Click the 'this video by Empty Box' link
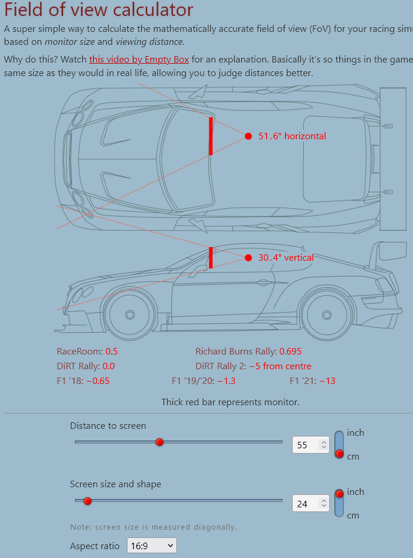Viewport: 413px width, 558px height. point(139,60)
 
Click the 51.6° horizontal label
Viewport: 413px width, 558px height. point(292,136)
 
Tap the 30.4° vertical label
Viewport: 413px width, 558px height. point(286,258)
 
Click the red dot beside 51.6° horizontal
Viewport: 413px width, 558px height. point(248,136)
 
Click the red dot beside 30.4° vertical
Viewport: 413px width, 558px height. point(248,258)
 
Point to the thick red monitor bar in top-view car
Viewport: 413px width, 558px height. point(211,136)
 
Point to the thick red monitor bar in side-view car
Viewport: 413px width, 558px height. point(210,258)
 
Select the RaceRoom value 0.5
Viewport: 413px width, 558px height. point(112,352)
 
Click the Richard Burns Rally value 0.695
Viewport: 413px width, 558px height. point(290,352)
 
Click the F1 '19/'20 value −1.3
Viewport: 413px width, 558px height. point(227,381)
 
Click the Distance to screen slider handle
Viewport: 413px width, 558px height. point(159,442)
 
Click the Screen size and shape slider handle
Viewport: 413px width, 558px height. point(88,501)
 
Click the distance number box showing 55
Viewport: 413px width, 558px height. point(306,445)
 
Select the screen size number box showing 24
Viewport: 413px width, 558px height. point(306,504)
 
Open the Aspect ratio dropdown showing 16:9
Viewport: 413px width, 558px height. point(152,546)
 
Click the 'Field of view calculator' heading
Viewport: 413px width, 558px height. point(99,10)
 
